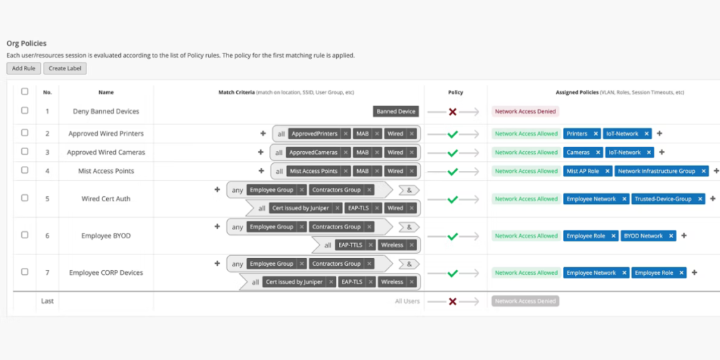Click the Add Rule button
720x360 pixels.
[x=23, y=68]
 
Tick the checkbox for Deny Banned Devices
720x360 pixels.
[x=25, y=110]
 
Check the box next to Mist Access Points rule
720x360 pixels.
[x=25, y=170]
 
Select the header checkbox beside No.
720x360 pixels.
[x=25, y=92]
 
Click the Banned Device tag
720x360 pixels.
[x=396, y=112]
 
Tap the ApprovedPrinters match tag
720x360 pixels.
[x=314, y=134]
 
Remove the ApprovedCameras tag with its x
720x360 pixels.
[x=346, y=153]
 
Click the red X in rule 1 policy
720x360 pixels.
[x=453, y=112]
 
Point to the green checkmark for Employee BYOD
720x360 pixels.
[x=453, y=236]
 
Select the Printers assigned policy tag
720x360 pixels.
[x=577, y=134]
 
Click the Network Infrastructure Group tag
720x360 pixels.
[x=657, y=172]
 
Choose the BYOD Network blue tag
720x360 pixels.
[x=643, y=236]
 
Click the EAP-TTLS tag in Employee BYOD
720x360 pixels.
[x=350, y=245]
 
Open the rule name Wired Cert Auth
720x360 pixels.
[x=106, y=199]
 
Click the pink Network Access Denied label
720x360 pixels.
[x=525, y=112]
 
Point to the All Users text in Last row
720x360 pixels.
[x=407, y=302]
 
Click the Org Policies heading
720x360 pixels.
[x=27, y=44]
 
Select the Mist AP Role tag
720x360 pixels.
[x=583, y=172]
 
